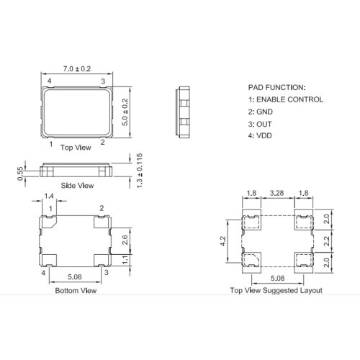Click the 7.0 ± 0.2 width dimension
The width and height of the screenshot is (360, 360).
[77, 69]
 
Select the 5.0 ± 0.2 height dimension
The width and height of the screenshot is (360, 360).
[125, 112]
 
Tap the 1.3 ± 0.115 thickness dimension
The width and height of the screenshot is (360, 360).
[139, 171]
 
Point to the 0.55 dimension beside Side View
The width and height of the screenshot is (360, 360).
[21, 174]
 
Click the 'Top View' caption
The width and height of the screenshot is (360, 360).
[76, 148]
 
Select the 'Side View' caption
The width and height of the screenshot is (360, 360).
[77, 186]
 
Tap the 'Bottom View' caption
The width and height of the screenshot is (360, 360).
[76, 291]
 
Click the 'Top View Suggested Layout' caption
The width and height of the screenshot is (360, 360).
[276, 290]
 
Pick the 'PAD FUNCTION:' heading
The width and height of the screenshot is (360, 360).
[276, 88]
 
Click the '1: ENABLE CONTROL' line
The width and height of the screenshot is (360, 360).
[286, 99]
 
